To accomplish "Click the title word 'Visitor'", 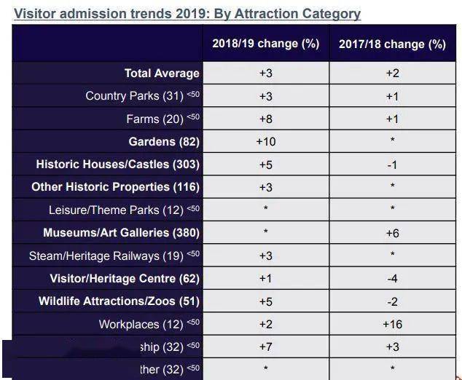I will (36, 14).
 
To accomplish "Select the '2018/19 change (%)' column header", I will (265, 44).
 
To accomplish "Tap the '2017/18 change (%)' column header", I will (392, 44).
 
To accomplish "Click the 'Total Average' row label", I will (162, 73).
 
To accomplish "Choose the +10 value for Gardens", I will (265, 141).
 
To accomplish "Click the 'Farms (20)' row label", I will (156, 119).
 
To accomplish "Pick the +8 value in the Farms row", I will (265, 119).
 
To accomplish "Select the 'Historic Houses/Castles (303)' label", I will (117, 165).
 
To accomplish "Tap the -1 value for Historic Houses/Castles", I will (392, 165).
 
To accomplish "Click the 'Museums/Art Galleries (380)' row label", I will (121, 233).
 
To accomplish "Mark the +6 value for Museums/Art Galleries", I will (392, 233).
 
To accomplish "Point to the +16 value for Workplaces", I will (392, 324).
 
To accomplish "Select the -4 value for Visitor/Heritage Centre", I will (392, 278).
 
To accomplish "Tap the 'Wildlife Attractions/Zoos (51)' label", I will (119, 301).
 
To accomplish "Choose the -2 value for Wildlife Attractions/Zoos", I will (392, 301).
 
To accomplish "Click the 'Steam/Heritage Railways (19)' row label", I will (106, 256).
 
